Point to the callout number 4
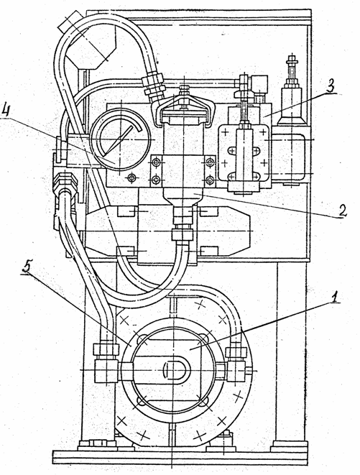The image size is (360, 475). pyautogui.click(x=6, y=112)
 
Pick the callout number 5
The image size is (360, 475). pyautogui.click(x=27, y=267)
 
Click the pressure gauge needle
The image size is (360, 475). pyautogui.click(x=121, y=138)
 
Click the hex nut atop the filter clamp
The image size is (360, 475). pyautogui.click(x=184, y=91)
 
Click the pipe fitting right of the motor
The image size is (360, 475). pyautogui.click(x=235, y=361)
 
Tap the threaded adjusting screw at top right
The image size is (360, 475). pyautogui.click(x=292, y=70)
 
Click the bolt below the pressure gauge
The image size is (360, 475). pyautogui.click(x=131, y=178)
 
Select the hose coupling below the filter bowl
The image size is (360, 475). pyautogui.click(x=182, y=225)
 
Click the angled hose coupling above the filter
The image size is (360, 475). pyautogui.click(x=153, y=86)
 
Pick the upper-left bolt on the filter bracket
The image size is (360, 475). pyautogui.click(x=157, y=162)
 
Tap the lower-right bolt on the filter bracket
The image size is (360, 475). pyautogui.click(x=210, y=180)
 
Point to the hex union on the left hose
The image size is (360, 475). pyautogui.click(x=65, y=182)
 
